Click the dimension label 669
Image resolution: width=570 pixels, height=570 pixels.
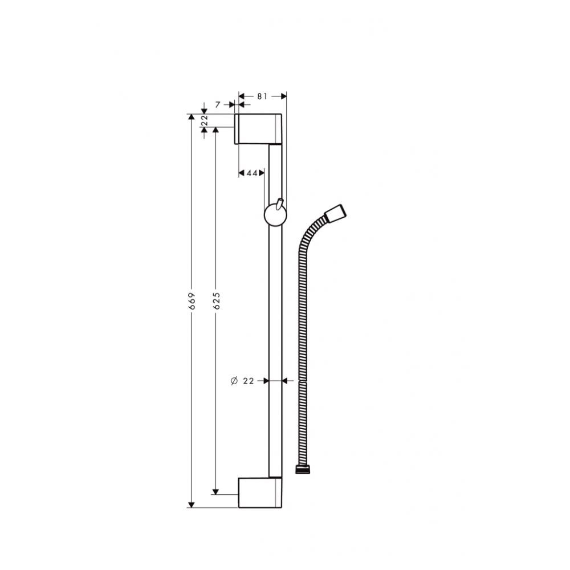click(x=192, y=300)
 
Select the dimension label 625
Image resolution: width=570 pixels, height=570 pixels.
click(x=217, y=300)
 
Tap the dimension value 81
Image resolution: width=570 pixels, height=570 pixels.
click(x=262, y=96)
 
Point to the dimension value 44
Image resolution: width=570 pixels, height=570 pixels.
click(x=252, y=173)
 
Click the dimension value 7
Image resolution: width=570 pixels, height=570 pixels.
click(x=218, y=105)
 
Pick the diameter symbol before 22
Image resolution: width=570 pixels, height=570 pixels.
click(x=234, y=381)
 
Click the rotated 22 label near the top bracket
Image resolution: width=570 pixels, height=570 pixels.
click(x=204, y=120)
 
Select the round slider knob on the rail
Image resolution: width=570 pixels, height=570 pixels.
click(x=275, y=215)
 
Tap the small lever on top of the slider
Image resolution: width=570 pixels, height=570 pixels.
click(x=279, y=203)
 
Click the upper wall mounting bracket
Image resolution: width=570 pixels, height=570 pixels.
click(x=258, y=129)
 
